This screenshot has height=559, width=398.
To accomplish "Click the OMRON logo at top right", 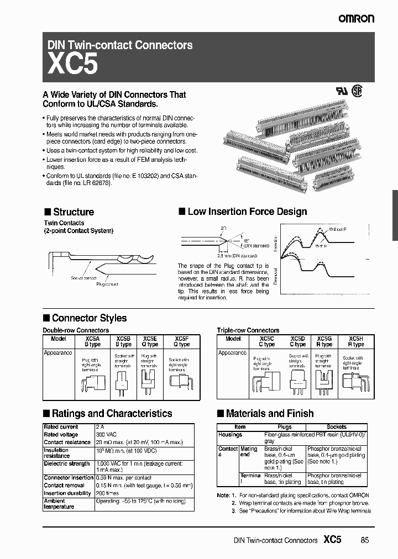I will [x=356, y=19].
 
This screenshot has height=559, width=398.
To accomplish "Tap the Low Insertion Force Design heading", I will [x=247, y=212].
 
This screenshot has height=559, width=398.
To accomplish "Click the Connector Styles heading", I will [x=88, y=318].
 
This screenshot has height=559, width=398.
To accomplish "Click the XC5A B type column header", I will [x=92, y=341].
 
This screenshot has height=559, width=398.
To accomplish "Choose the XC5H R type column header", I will [x=356, y=341].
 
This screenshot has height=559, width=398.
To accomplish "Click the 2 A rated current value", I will [x=99, y=427].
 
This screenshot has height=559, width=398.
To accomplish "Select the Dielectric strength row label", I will [x=66, y=463].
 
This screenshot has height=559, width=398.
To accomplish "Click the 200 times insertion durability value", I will [x=107, y=492].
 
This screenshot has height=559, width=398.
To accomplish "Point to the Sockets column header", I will [x=337, y=427].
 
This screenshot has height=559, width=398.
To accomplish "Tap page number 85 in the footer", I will [x=364, y=540].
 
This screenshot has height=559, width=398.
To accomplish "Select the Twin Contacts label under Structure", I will [x=64, y=223].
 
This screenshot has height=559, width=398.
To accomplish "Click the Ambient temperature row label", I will [x=59, y=503].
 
